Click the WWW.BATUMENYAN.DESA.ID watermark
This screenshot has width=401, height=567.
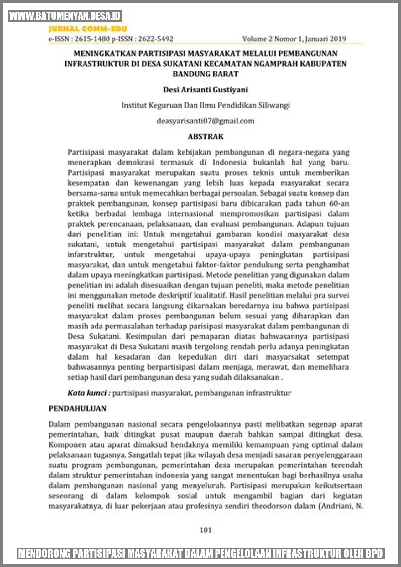coord(65,16)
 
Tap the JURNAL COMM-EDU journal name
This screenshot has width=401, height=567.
coord(88,29)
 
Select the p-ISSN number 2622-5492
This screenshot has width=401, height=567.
coord(156,39)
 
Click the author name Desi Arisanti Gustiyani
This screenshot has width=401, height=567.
coord(206,90)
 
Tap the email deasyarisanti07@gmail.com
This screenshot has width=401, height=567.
coord(206,121)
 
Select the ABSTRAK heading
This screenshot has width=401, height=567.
coord(206,137)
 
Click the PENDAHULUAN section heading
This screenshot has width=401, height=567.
coord(77,408)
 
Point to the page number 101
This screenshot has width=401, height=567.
coord(206,530)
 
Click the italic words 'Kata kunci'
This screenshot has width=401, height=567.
coord(87,393)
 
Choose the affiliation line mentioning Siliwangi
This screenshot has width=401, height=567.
coord(206,105)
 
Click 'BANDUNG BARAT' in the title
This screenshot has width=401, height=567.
coord(206,74)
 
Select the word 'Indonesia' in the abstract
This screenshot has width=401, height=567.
coord(230,162)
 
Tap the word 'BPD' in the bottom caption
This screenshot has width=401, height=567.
coord(375,554)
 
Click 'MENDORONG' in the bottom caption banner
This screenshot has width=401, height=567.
coord(44,554)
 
